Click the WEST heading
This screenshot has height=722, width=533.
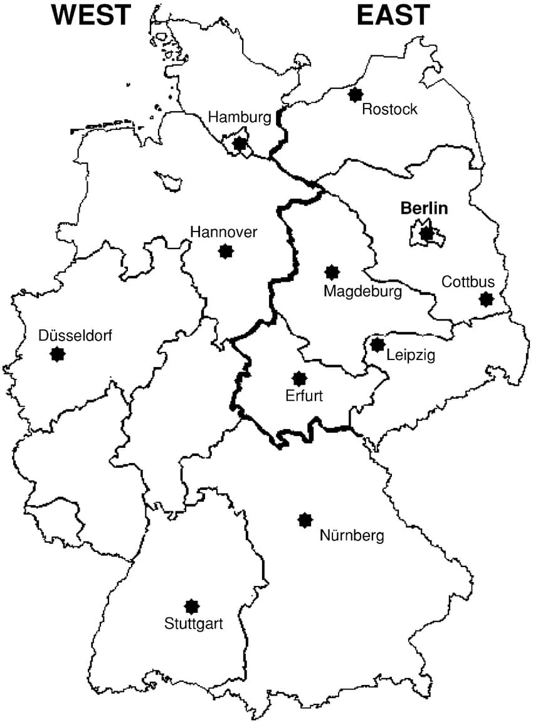pyautogui.click(x=92, y=14)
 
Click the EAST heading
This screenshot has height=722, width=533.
pyautogui.click(x=394, y=14)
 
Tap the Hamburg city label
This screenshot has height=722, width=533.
pyautogui.click(x=240, y=117)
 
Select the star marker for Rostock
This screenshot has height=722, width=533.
pyautogui.click(x=356, y=94)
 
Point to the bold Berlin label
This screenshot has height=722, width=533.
pyautogui.click(x=425, y=208)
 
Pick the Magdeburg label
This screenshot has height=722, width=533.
pyautogui.click(x=362, y=291)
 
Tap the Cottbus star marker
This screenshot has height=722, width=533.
pyautogui.click(x=486, y=299)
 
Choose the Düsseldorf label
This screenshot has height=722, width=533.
pyautogui.click(x=75, y=336)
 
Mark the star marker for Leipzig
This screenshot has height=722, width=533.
pyautogui.click(x=377, y=344)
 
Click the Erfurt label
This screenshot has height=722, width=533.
pyautogui.click(x=304, y=396)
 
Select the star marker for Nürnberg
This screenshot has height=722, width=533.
pyautogui.click(x=305, y=519)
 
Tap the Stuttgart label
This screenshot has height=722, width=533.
pyautogui.click(x=194, y=624)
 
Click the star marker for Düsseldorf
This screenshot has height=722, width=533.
pyautogui.click(x=58, y=354)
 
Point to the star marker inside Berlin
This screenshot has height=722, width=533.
pyautogui.click(x=427, y=233)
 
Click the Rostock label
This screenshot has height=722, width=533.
pyautogui.click(x=390, y=110)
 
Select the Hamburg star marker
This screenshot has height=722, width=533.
pyautogui.click(x=240, y=144)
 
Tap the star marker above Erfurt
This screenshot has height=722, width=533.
pyautogui.click(x=300, y=378)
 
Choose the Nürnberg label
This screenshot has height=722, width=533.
pyautogui.click(x=352, y=536)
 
